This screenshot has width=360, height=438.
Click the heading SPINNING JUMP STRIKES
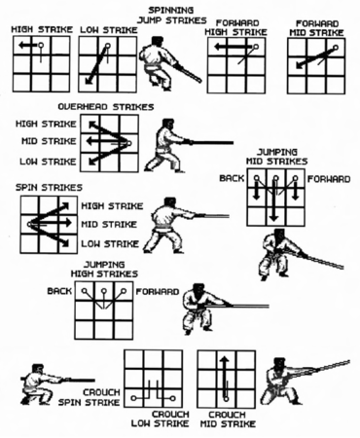point(172,16)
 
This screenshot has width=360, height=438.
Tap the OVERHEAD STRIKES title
point(106,107)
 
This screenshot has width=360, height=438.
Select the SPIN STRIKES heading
point(49,187)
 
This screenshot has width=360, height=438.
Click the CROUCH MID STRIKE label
point(228,419)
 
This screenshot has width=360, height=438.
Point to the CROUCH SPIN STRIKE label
point(89,397)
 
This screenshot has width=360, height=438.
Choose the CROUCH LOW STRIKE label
point(160,419)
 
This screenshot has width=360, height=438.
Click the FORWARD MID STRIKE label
point(316,28)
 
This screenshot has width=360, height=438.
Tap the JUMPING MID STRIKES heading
point(276,157)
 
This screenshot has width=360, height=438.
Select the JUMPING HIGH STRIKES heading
point(104,270)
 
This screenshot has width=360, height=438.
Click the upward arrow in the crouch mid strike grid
point(225,378)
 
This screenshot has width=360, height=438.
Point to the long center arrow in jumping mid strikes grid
point(274,201)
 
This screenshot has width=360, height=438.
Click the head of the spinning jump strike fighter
point(158,41)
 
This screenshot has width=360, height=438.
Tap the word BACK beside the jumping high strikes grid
point(59,291)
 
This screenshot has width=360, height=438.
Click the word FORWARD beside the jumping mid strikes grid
point(329,179)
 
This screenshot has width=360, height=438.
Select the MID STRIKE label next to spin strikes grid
point(109,224)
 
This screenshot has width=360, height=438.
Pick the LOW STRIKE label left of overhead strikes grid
point(48,162)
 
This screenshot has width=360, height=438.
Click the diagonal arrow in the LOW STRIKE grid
point(96,65)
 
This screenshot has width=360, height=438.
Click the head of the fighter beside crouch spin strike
point(38,369)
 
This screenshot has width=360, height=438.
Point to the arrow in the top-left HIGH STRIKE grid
point(28,45)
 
